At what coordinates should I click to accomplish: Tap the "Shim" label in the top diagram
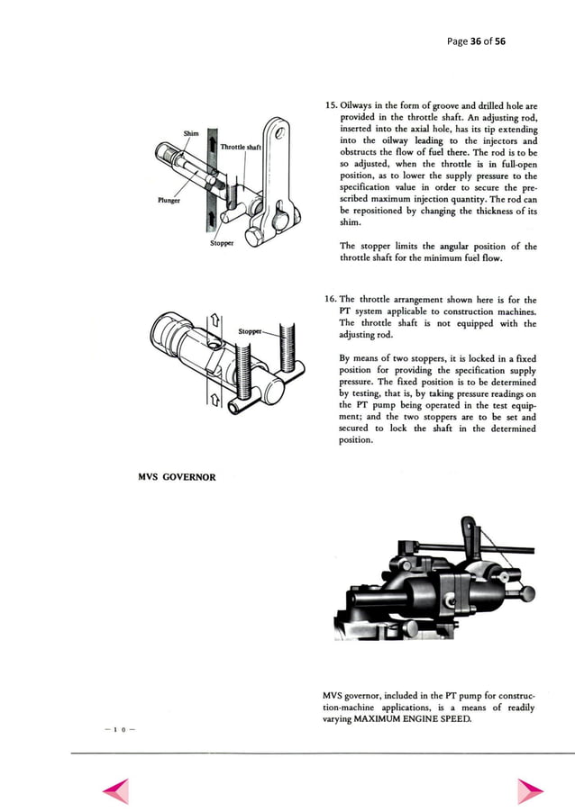pyautogui.click(x=191, y=134)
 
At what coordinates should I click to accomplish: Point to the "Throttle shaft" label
pyautogui.click(x=241, y=147)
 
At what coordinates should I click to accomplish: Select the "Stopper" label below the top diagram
pyautogui.click(x=222, y=242)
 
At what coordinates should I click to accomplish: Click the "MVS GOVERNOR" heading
pyautogui.click(x=176, y=477)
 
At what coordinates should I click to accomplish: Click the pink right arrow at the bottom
pyautogui.click(x=529, y=789)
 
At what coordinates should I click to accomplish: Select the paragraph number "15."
pyautogui.click(x=329, y=106)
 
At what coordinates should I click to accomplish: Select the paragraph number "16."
pyautogui.click(x=329, y=300)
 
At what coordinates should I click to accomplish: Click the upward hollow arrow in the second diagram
pyautogui.click(x=214, y=322)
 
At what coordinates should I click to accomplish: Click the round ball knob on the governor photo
pyautogui.click(x=526, y=592)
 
